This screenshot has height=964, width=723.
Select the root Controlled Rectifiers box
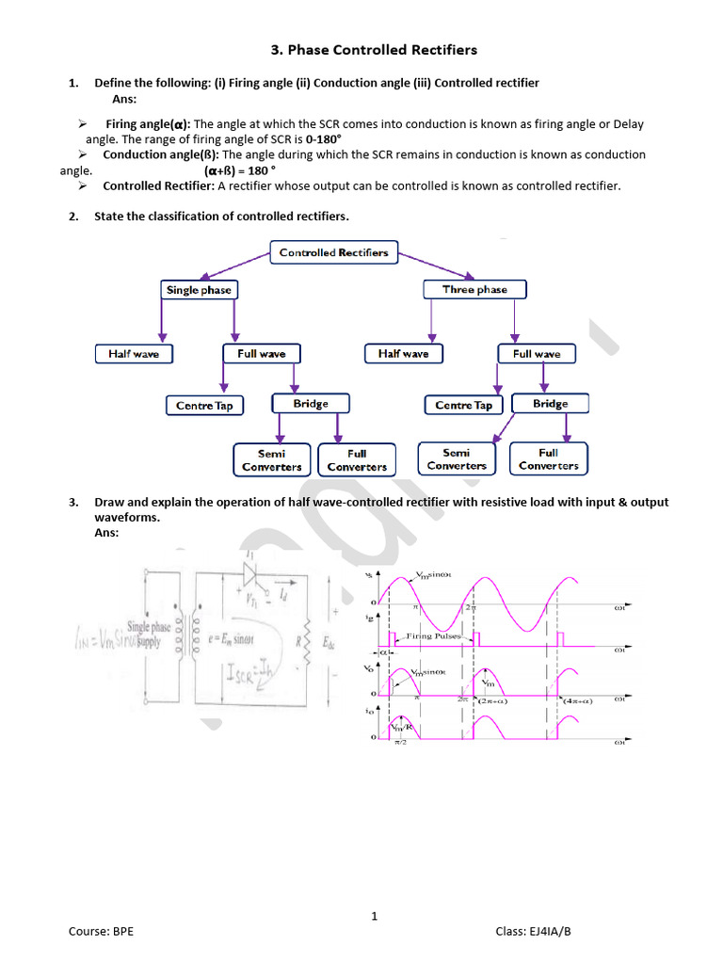click(333, 252)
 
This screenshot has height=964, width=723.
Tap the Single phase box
click(199, 290)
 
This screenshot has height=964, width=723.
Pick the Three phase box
click(474, 290)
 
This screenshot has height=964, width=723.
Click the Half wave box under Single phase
click(133, 354)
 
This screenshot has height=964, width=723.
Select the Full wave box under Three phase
click(537, 354)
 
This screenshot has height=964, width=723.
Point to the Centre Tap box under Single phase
click(204, 406)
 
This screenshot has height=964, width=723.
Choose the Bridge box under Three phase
click(550, 404)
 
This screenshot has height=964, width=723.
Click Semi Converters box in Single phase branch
click(272, 460)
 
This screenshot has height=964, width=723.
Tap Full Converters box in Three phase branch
click(549, 459)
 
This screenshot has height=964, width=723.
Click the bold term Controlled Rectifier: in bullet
click(160, 185)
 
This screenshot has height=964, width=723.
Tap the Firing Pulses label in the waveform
click(433, 636)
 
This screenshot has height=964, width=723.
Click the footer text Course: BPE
click(101, 931)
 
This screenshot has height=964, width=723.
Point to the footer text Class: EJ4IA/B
click(533, 931)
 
